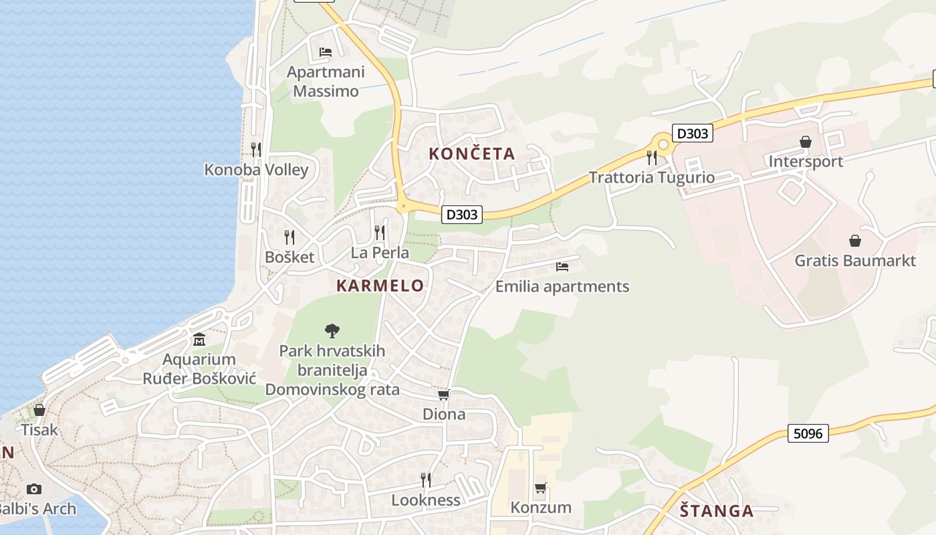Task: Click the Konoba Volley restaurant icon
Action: (256, 149)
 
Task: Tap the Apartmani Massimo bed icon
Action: (326, 51)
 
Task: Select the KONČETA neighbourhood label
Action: (471, 154)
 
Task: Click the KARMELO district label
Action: (380, 286)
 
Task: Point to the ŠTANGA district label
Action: (717, 512)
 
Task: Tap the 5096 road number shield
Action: (808, 433)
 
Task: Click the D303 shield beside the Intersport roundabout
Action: (692, 134)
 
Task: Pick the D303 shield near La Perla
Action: (462, 215)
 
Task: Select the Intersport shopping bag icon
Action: (806, 142)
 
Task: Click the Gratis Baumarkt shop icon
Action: (854, 241)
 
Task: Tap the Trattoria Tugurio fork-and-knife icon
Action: (652, 158)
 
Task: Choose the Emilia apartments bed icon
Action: (562, 267)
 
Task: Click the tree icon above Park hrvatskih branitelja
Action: (332, 330)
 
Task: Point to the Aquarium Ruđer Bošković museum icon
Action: (199, 340)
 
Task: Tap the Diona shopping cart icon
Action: (444, 395)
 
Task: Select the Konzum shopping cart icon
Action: (541, 488)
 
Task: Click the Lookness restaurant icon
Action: (425, 479)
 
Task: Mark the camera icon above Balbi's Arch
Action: (34, 490)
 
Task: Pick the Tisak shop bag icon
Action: (39, 410)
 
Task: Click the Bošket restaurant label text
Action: (289, 257)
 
